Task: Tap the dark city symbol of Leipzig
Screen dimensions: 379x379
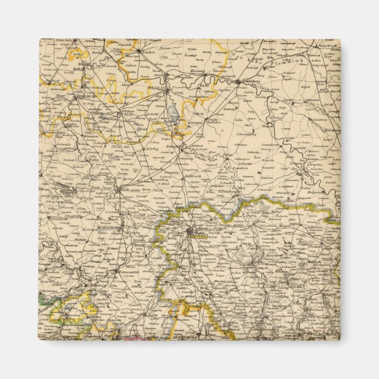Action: (x=189, y=232)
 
